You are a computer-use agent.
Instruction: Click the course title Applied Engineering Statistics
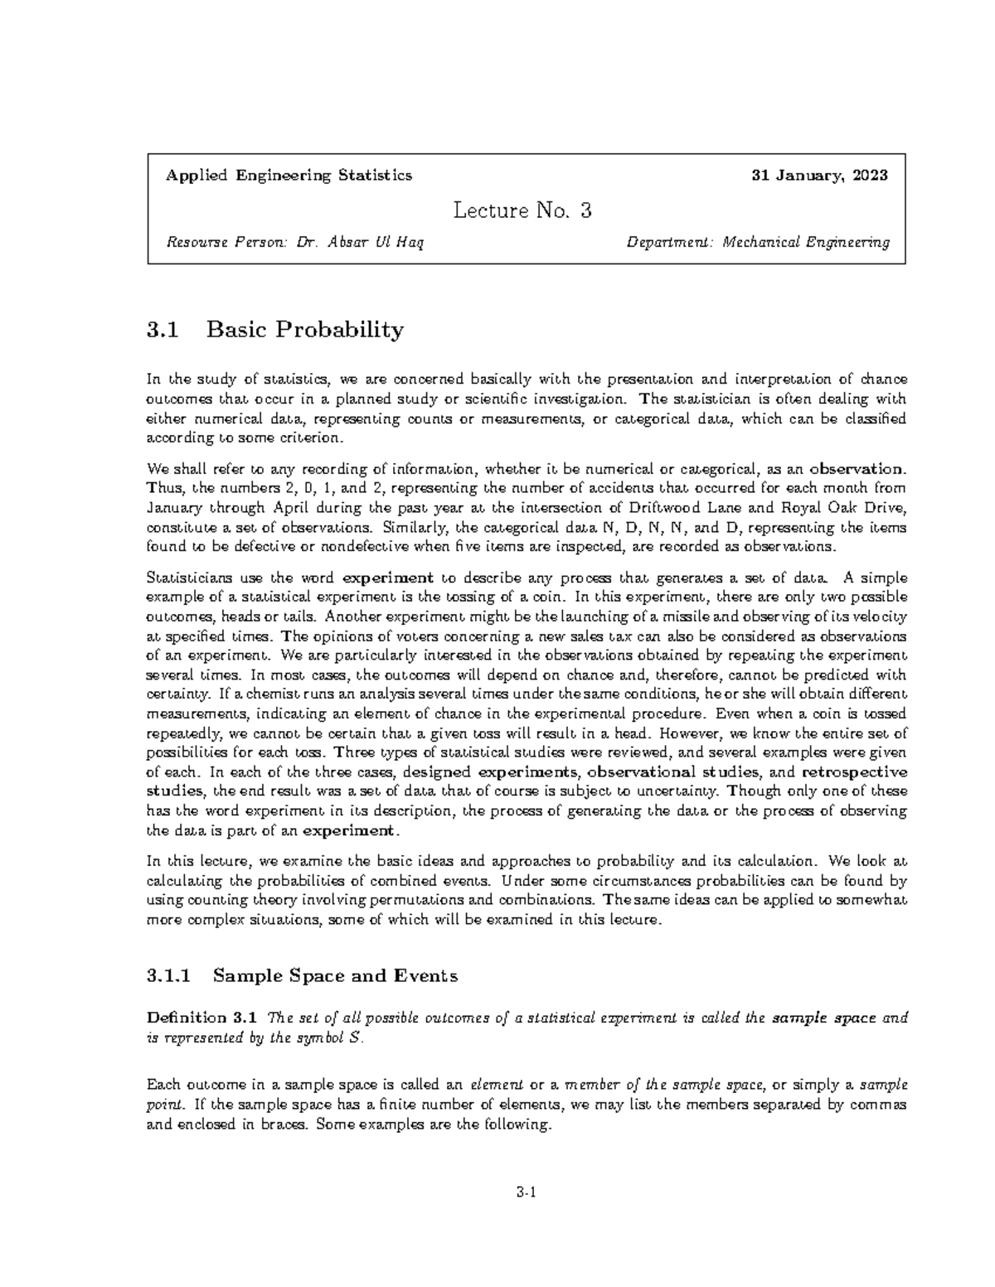click(289, 176)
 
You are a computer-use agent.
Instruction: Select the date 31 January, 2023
click(819, 176)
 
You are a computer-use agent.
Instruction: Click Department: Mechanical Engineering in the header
click(758, 243)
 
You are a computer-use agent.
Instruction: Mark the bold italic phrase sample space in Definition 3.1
click(823, 1018)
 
